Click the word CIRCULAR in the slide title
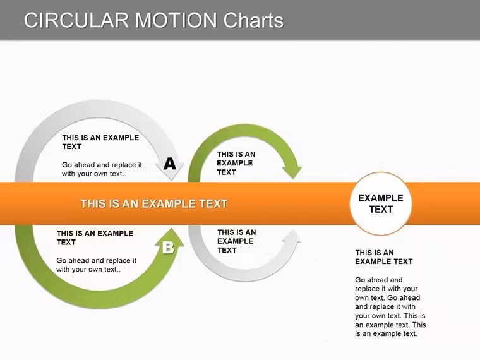(76, 20)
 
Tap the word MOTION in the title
(176, 20)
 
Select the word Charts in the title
(253, 20)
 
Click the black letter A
(170, 164)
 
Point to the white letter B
(168, 248)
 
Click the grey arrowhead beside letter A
(170, 171)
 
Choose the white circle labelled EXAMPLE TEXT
(381, 203)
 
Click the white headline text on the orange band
(154, 204)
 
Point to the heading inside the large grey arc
(100, 142)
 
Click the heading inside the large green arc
(95, 237)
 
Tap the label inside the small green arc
(236, 163)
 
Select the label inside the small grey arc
(237, 241)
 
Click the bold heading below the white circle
(384, 257)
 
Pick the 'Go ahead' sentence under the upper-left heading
(102, 169)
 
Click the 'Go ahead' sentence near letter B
(97, 265)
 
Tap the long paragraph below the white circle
(390, 307)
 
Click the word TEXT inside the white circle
(381, 210)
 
